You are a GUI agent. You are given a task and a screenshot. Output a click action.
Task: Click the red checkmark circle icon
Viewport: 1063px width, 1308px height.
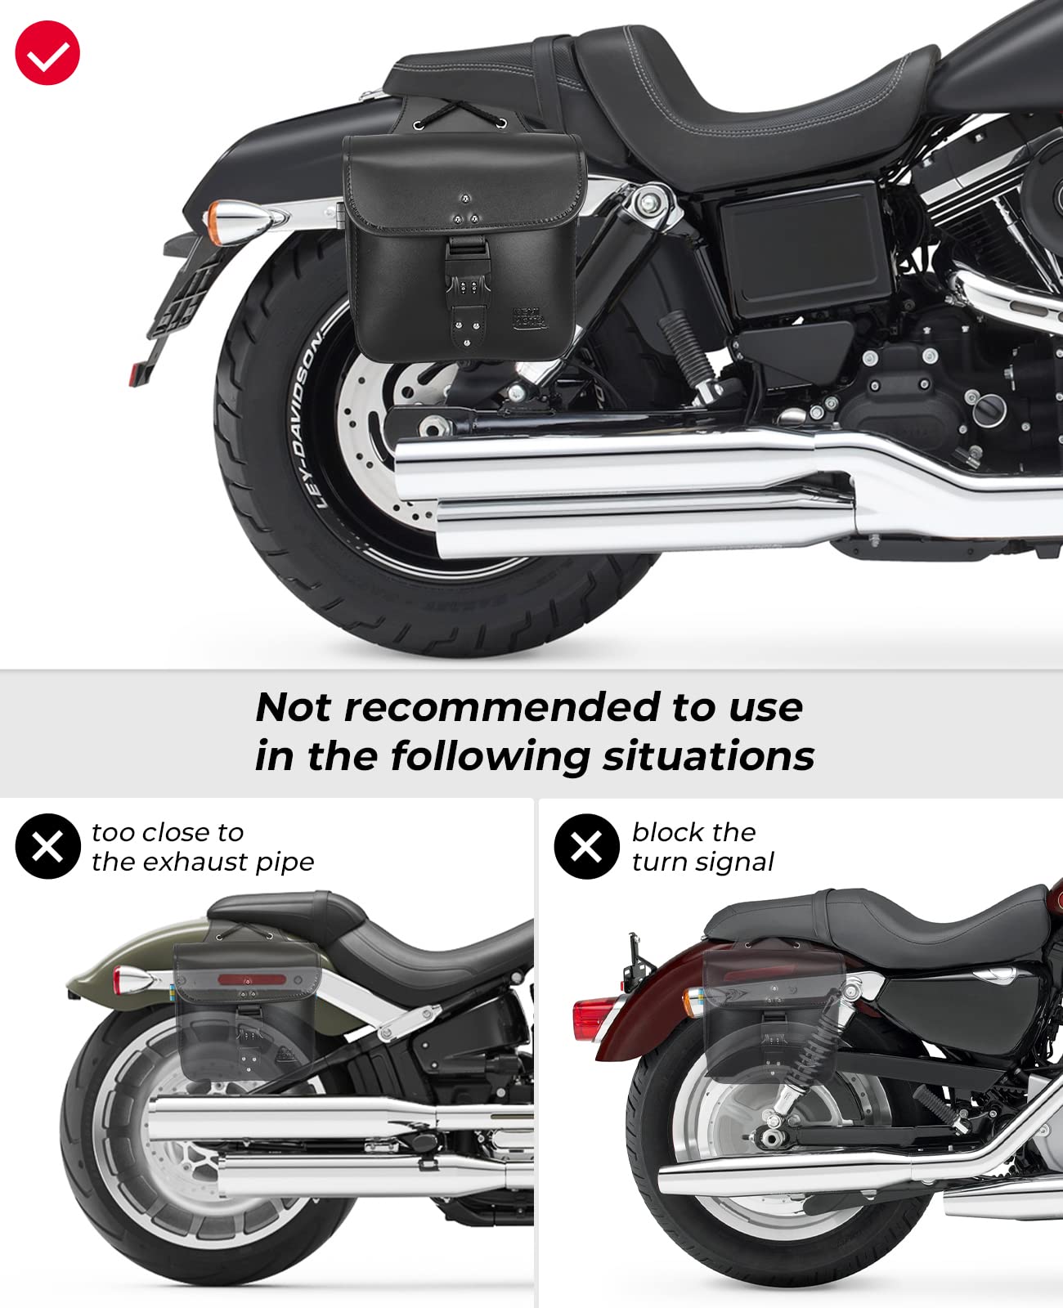coord(47,53)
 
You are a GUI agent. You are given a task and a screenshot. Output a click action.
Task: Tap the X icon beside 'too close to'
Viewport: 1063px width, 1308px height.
coord(47,846)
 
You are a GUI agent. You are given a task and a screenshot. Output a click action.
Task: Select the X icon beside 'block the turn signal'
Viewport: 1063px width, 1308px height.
coord(586,846)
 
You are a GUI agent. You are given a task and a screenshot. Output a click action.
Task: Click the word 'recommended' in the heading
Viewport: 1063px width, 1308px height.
coord(501,707)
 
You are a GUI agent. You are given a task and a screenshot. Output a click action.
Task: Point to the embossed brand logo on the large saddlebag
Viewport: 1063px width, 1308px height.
coord(529,317)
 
